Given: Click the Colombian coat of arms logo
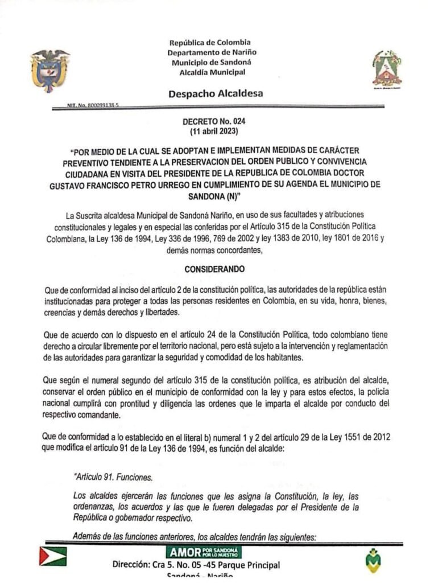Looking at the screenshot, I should (x=49, y=69).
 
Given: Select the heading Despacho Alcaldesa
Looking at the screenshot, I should (x=216, y=94).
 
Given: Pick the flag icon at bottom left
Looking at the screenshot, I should (x=53, y=556).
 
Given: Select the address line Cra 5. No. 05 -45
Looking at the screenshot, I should (x=196, y=565).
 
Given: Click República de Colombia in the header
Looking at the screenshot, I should (x=210, y=43).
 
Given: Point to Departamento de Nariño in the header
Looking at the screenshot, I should (x=210, y=52).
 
